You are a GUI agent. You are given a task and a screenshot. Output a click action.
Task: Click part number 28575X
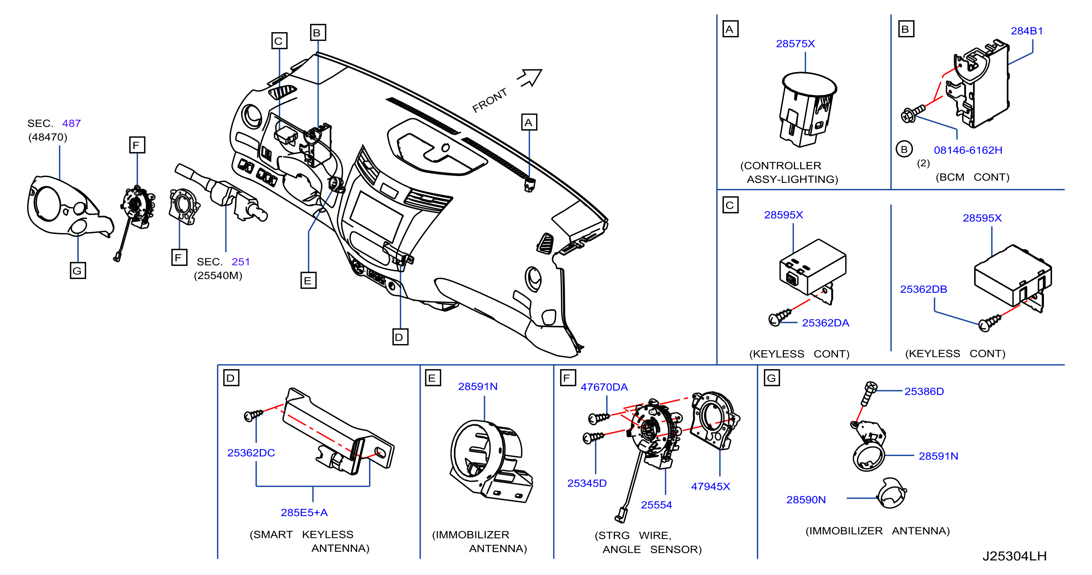pyautogui.click(x=795, y=44)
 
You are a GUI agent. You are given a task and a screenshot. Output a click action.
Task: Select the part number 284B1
pyautogui.click(x=1027, y=31)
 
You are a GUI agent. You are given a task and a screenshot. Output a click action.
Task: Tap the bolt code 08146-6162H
pyautogui.click(x=968, y=150)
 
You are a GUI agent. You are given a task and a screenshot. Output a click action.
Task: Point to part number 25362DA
pyautogui.click(x=825, y=323)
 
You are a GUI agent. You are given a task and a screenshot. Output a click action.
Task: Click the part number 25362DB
pyautogui.click(x=923, y=289)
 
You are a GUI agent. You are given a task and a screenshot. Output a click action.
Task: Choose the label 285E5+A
pyautogui.click(x=304, y=512)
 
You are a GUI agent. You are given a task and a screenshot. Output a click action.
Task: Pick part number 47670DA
pyautogui.click(x=604, y=387)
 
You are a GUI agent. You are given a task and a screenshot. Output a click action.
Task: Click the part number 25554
pyautogui.click(x=656, y=504)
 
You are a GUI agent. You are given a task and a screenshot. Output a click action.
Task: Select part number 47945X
pyautogui.click(x=711, y=486)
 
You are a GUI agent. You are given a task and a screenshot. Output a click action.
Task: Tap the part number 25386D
pyautogui.click(x=924, y=391)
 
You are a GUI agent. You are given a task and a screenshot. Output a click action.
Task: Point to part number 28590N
pyautogui.click(x=806, y=499)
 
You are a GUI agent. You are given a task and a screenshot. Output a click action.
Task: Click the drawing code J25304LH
pyautogui.click(x=1014, y=556)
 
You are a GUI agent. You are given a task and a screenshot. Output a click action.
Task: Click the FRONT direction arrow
pyautogui.click(x=530, y=77)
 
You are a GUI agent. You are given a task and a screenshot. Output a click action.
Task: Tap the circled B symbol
pyautogui.click(x=904, y=149)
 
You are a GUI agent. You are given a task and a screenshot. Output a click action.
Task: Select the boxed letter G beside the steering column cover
pyautogui.click(x=78, y=270)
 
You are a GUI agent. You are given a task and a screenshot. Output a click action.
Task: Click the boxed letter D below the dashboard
pyautogui.click(x=400, y=337)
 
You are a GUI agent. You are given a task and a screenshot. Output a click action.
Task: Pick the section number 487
pyautogui.click(x=71, y=123)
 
